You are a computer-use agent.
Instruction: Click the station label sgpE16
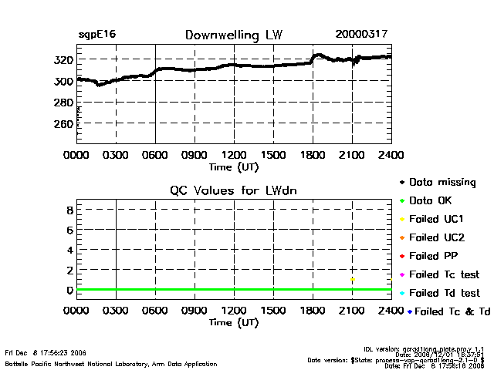[97, 35]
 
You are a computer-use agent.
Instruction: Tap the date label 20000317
[361, 35]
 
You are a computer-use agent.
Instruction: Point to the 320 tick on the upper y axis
[64, 59]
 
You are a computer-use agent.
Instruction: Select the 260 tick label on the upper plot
[64, 123]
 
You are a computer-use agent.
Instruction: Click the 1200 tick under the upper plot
[234, 155]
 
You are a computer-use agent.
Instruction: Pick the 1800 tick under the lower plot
[313, 311]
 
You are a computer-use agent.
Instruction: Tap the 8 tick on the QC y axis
[69, 210]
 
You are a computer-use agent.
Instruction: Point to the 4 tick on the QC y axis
[69, 250]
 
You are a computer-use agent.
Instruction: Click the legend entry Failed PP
[437, 256]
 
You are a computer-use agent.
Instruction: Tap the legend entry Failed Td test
[445, 293]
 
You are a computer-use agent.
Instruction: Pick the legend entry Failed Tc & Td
[448, 311]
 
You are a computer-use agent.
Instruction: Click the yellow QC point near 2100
[352, 280]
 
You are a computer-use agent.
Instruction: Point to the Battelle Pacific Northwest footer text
[110, 363]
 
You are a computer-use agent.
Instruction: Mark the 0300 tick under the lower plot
[116, 311]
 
